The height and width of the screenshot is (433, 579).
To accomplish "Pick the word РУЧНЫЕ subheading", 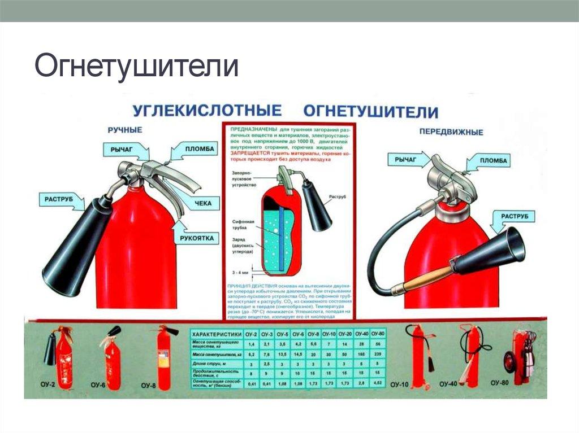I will [124, 130].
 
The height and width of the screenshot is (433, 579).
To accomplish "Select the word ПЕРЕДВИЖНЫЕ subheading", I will [451, 132].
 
